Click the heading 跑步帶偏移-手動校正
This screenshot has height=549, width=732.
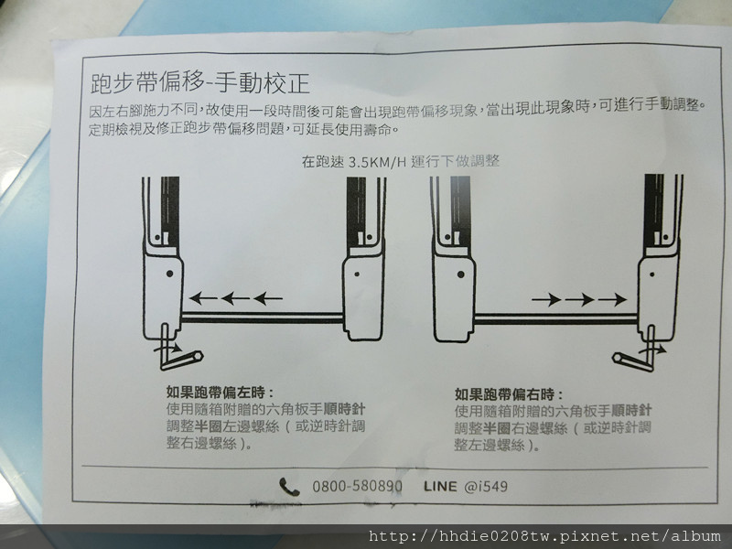[199, 83]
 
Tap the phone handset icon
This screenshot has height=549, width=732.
[289, 487]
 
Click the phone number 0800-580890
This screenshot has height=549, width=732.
[357, 487]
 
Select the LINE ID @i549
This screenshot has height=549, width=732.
[486, 487]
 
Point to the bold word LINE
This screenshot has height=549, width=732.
[440, 487]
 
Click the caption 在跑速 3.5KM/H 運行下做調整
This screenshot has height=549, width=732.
[401, 162]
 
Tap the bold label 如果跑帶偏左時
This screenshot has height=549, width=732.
[220, 392]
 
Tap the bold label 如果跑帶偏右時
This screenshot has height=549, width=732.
[509, 394]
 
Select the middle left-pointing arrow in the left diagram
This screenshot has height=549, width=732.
[235, 298]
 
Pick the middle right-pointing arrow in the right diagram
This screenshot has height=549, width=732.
[579, 299]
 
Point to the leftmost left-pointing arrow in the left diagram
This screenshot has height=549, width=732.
[203, 298]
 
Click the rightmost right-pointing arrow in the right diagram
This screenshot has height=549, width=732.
[612, 299]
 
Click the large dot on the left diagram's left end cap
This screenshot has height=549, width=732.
[169, 273]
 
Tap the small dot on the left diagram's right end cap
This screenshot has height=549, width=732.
[357, 274]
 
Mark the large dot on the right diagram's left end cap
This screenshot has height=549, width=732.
[460, 274]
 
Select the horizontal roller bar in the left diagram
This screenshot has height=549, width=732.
[263, 317]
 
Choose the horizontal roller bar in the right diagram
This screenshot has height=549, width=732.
[556, 319]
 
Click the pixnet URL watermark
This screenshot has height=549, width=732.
[544, 536]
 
